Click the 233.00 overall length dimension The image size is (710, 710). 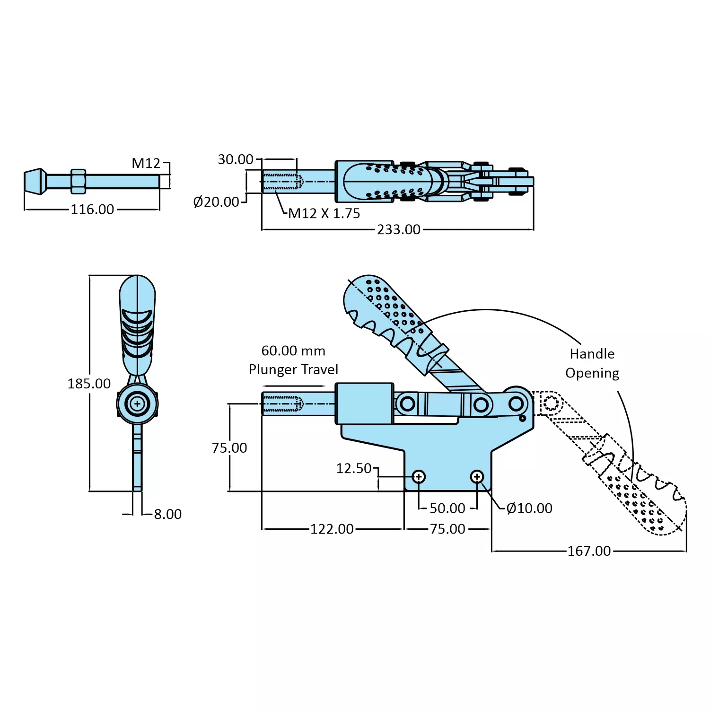click(398, 229)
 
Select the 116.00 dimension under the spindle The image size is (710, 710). click(92, 210)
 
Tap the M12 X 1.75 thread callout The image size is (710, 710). click(324, 214)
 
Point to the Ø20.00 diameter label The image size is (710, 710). click(216, 202)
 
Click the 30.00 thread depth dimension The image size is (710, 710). click(235, 159)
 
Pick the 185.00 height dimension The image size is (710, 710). click(89, 384)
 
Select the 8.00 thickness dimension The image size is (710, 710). click(167, 514)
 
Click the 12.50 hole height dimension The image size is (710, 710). click(353, 468)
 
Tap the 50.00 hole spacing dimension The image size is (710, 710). click(447, 508)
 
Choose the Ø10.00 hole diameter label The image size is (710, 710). click(529, 508)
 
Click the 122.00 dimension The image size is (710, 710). click(332, 529)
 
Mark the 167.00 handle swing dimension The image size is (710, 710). click(589, 551)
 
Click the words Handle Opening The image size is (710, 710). click(592, 363)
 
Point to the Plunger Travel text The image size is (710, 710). click(293, 369)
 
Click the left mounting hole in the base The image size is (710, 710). click(419, 477)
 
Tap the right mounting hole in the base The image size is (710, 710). click(477, 477)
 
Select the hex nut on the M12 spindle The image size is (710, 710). click(79, 182)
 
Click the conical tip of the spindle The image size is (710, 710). click(35, 182)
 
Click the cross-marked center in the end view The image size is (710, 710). click(137, 404)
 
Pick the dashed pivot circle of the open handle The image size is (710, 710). click(551, 403)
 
